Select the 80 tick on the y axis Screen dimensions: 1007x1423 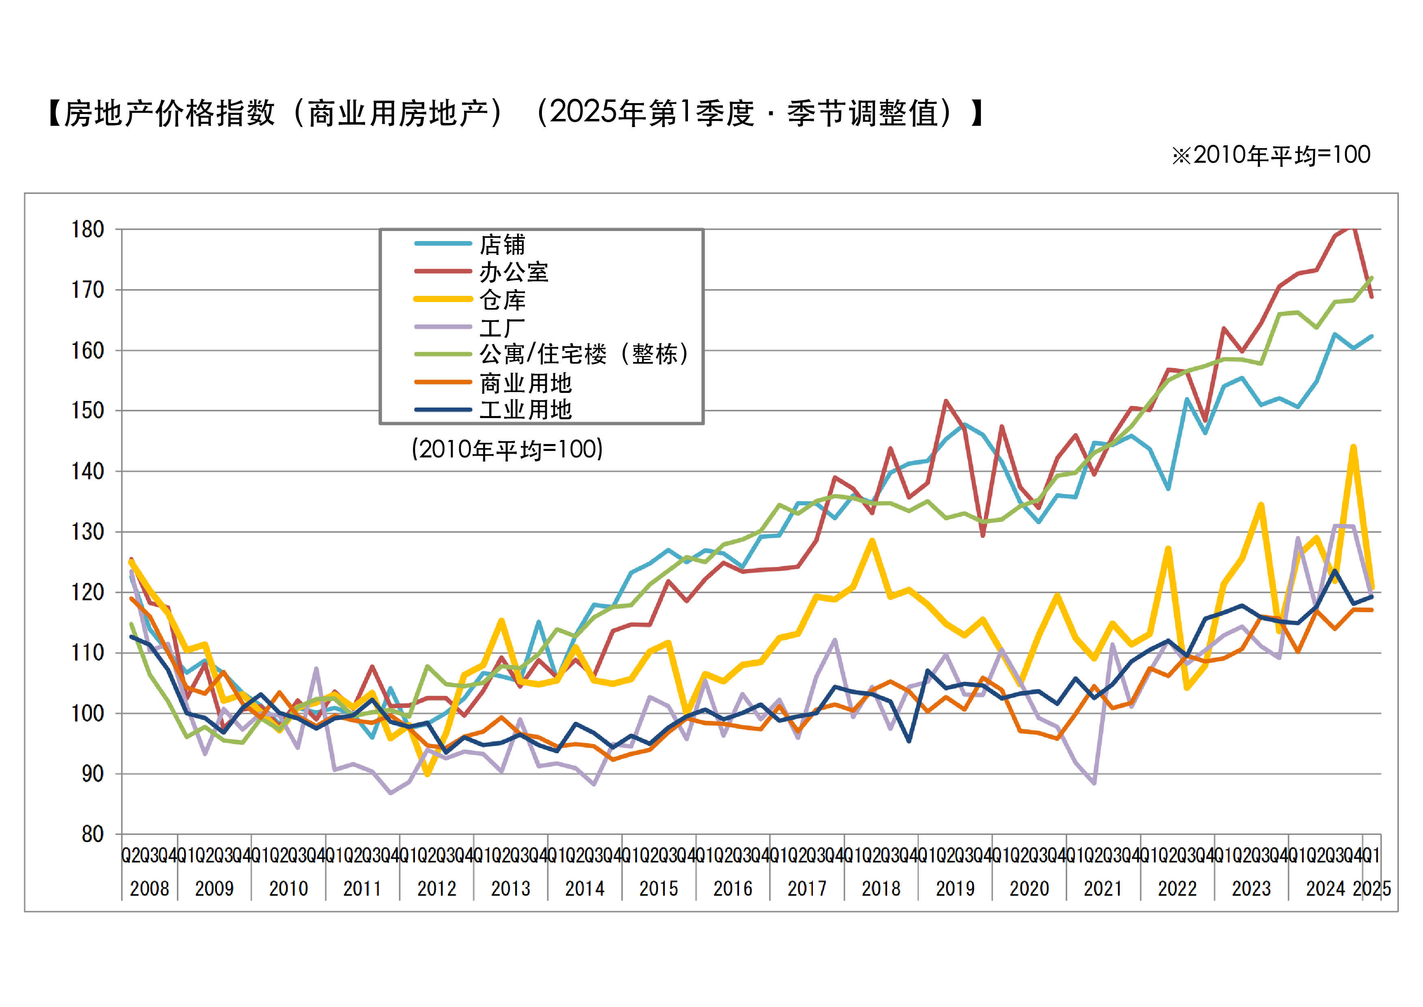92,834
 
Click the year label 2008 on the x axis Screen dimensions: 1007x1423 149,888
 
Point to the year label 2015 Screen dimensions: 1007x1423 659,888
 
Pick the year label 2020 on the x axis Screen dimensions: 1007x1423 1029,888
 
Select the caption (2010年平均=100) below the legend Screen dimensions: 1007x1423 507,449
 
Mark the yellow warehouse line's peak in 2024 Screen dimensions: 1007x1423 1354,446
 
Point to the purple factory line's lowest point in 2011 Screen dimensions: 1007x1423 391,792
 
